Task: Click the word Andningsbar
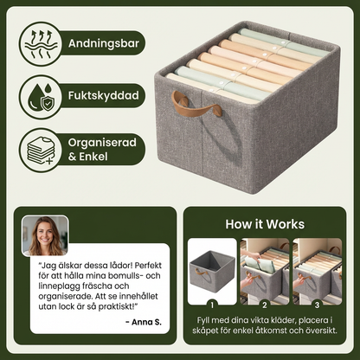click(104, 43)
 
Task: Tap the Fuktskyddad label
click(104, 95)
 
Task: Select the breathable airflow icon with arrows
click(40, 43)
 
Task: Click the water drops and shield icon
click(40, 97)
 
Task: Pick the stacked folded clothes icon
click(41, 151)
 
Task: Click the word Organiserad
click(102, 143)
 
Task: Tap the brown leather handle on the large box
click(196, 104)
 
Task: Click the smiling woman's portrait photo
click(45, 235)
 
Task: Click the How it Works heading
click(265, 224)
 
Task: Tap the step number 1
click(212, 305)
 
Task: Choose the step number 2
click(265, 305)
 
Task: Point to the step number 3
click(317, 305)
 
